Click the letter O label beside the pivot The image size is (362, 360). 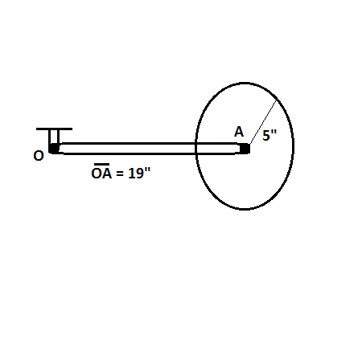click(x=39, y=156)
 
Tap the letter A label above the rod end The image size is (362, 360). click(x=239, y=132)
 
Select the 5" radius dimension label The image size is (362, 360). click(x=269, y=135)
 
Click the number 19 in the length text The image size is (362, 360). click(x=136, y=173)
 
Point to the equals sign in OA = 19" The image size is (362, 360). click(x=120, y=174)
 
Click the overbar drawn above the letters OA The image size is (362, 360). click(x=101, y=164)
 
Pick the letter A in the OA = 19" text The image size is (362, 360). click(x=106, y=174)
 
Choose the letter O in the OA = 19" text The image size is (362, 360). click(x=97, y=174)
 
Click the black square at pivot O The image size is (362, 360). click(x=55, y=149)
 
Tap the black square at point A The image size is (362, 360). click(x=245, y=149)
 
